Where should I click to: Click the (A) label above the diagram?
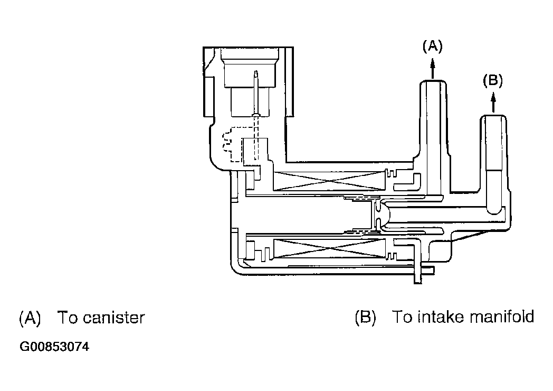(432, 46)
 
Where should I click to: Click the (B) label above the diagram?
(493, 81)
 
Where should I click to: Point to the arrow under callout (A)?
(433, 69)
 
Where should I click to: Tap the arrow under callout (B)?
(493, 103)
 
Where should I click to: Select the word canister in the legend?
(118, 318)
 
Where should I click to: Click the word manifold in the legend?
(502, 316)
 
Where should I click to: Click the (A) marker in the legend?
(30, 318)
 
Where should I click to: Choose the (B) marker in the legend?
(365, 317)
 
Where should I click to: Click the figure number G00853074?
(54, 347)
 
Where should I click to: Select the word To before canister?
(68, 318)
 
